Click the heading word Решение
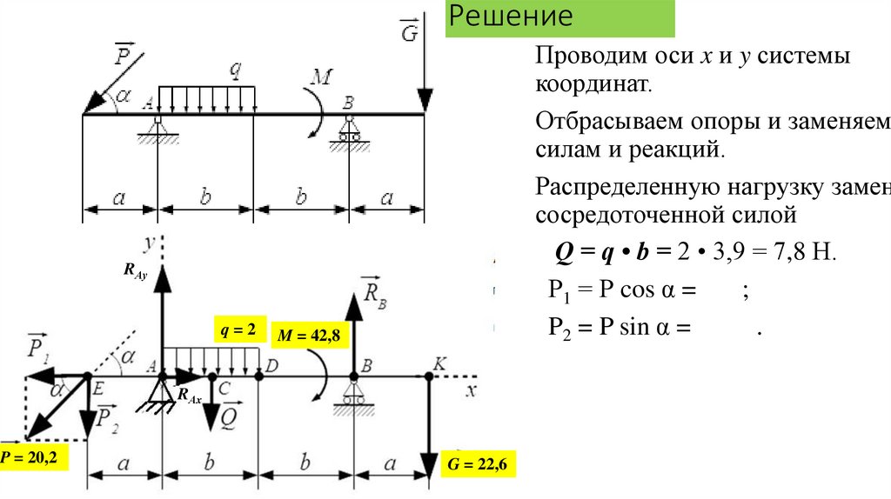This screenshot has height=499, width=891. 512,17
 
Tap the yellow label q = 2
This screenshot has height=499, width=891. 237,330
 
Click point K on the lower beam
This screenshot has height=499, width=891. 429,376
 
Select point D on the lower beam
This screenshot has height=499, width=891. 259,376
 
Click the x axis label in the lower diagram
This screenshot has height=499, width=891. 471,390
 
